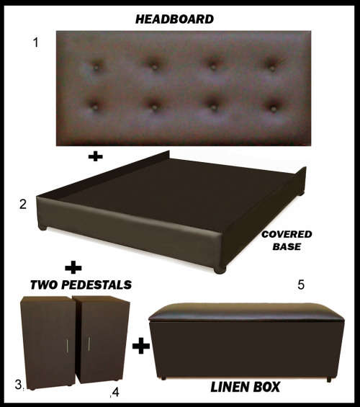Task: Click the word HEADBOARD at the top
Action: [x=174, y=19]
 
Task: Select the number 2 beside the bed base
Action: [x=24, y=205]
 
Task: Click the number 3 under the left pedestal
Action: [x=19, y=385]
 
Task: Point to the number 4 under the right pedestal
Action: [x=113, y=393]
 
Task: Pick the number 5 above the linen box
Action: [x=301, y=285]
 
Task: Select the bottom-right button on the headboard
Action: [x=274, y=107]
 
